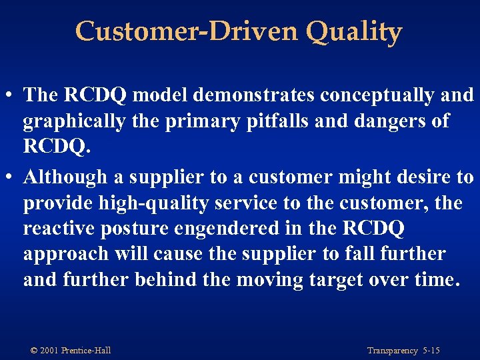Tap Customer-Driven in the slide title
(179, 31)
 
